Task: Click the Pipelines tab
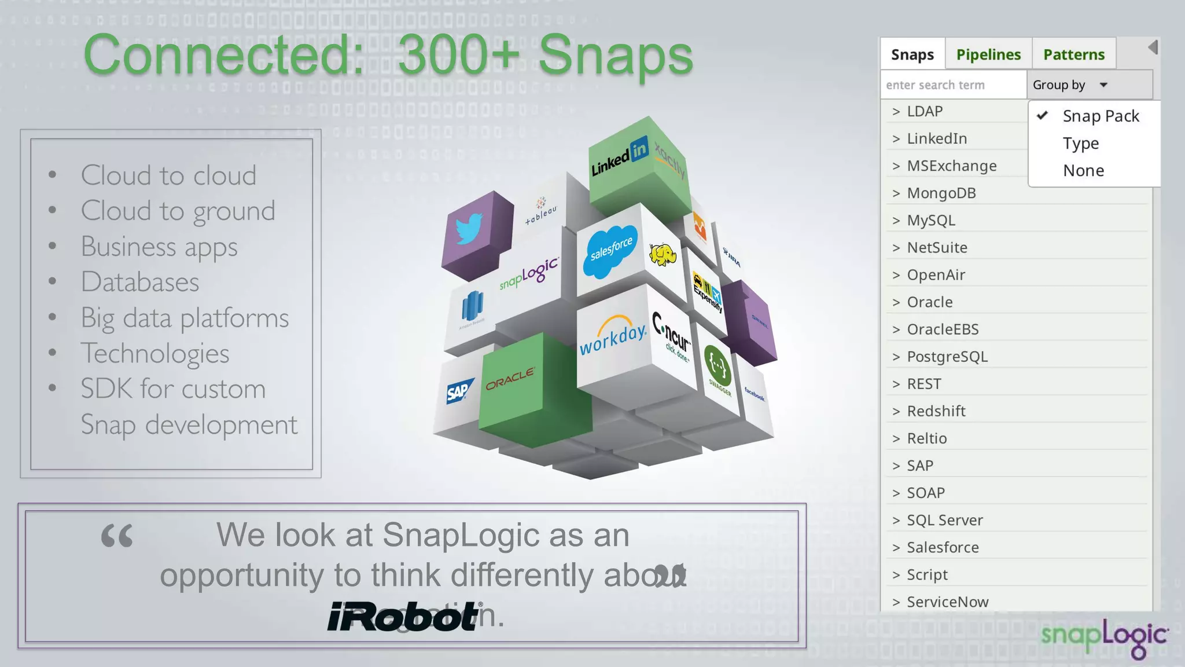pyautogui.click(x=988, y=54)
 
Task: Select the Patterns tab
pyautogui.click(x=1074, y=54)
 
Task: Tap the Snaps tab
pyautogui.click(x=912, y=54)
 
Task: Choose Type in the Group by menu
pyautogui.click(x=1081, y=143)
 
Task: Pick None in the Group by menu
pyautogui.click(x=1083, y=171)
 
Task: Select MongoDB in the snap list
pyautogui.click(x=941, y=193)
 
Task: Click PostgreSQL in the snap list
pyautogui.click(x=947, y=357)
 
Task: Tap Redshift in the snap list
pyautogui.click(x=936, y=411)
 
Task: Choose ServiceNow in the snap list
pyautogui.click(x=947, y=602)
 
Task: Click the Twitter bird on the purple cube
pyautogui.click(x=469, y=229)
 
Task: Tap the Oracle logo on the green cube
pyautogui.click(x=510, y=379)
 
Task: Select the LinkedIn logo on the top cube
pyautogui.click(x=619, y=157)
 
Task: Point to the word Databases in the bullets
pyautogui.click(x=140, y=282)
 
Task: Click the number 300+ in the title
pyautogui.click(x=459, y=55)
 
